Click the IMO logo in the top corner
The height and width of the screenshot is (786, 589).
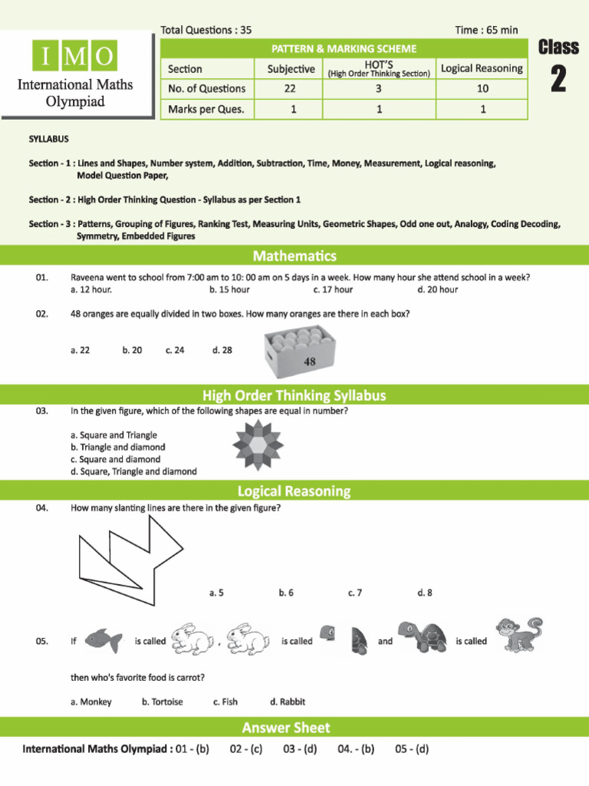coord(75,56)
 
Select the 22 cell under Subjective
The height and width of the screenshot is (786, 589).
coord(291,88)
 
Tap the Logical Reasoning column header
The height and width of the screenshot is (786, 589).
coord(482,68)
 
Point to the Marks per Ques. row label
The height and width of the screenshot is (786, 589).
coord(206,109)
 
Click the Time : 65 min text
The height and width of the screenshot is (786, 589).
coord(486,30)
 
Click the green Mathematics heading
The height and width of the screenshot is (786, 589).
coord(294,256)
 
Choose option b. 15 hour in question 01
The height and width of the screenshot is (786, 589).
coord(229,289)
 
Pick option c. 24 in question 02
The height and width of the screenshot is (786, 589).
coord(175,350)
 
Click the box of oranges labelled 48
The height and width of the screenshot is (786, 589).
coord(300,352)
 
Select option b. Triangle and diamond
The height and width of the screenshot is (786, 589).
coord(117,447)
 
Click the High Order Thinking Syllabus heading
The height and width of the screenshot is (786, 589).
coord(294,396)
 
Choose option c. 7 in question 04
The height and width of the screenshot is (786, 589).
coord(354,593)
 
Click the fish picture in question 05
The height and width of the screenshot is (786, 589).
coord(101,640)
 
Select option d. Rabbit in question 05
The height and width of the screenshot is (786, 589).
coord(288,702)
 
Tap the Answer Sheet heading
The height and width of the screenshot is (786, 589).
coord(286,727)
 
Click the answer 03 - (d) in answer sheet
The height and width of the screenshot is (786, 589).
coord(300,748)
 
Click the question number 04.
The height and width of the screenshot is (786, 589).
coord(42,507)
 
